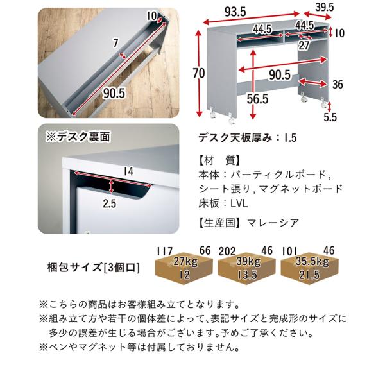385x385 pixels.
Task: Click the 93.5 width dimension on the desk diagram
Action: coord(235,12)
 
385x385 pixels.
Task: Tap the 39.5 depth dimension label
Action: coord(325,7)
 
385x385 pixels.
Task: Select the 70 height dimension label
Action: coord(199,73)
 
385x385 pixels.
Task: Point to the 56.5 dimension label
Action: coord(257,99)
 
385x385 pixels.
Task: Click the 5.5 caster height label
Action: coord(330,117)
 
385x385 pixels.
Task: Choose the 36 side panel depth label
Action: coord(338,84)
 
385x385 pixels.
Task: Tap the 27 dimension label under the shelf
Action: coord(304,46)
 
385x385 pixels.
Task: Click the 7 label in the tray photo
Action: coord(116,43)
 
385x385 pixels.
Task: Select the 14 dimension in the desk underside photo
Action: coord(128,171)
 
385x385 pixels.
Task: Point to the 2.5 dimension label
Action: coord(109,203)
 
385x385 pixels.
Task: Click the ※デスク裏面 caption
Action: coord(78,136)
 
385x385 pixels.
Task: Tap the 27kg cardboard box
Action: coord(184,268)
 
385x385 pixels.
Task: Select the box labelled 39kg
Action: coord(246,268)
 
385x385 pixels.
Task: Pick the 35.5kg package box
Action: coord(310,268)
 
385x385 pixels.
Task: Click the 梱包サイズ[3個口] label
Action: coord(94,268)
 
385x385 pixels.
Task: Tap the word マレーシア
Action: coord(273,223)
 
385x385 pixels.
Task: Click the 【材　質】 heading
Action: coord(219,160)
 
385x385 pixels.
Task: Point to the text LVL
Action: coord(239,203)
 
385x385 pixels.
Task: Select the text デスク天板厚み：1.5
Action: coord(248,138)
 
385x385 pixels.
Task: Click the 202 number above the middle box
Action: coord(227,251)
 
